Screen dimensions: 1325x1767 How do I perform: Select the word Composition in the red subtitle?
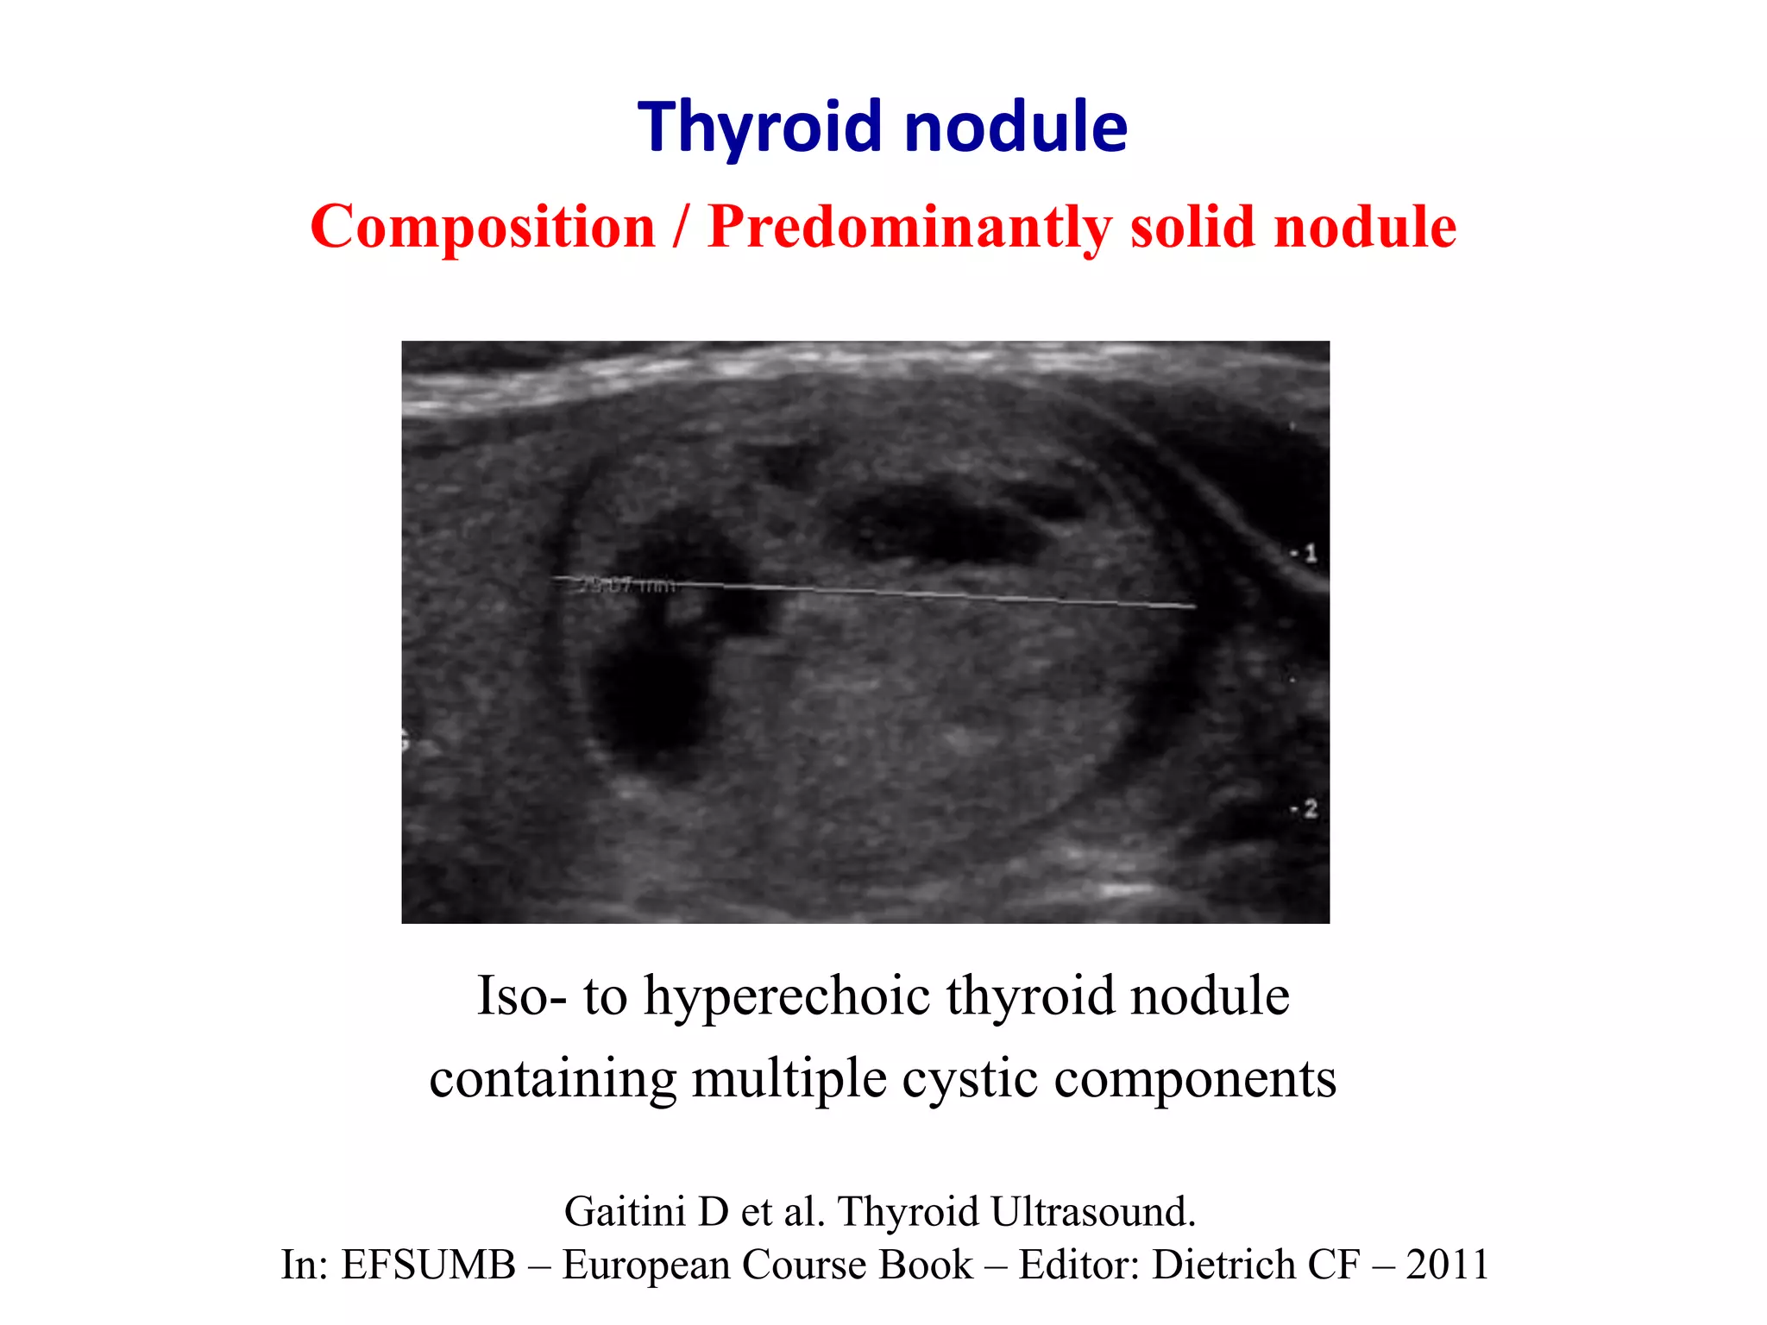click(483, 227)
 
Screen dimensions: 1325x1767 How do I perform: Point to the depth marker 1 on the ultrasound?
click(1310, 553)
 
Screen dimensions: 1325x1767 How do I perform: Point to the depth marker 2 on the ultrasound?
click(1310, 809)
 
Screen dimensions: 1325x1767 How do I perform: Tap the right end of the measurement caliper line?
click(1194, 607)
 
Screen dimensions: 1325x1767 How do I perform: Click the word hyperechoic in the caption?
click(787, 996)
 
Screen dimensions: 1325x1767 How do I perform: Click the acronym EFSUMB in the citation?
click(428, 1265)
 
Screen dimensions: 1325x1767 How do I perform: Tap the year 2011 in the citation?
click(1447, 1265)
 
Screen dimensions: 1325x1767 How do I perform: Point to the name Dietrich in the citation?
click(1223, 1265)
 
